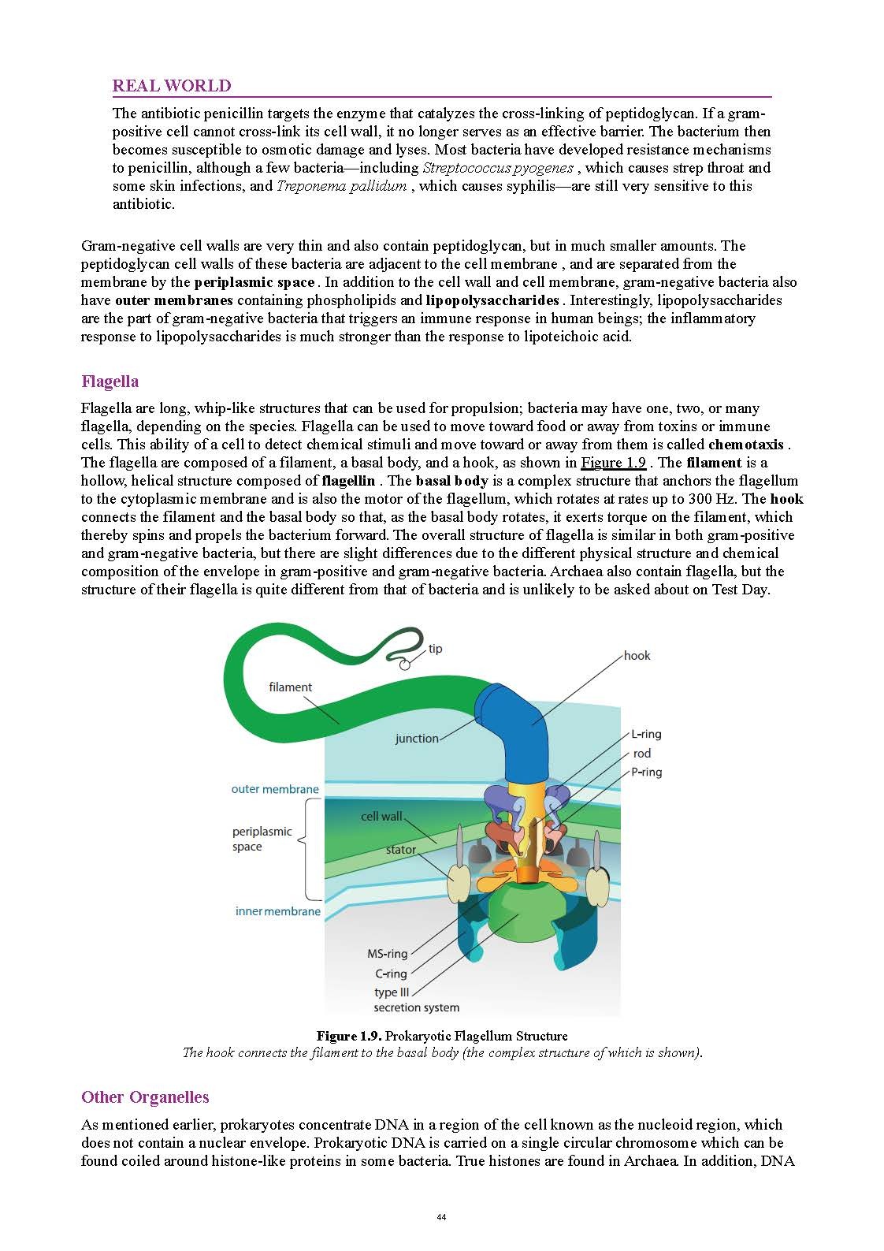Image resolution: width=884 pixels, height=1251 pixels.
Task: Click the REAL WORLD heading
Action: click(x=172, y=86)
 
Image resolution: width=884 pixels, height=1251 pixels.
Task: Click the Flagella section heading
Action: click(x=110, y=382)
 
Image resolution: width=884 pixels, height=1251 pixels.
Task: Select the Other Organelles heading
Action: click(x=145, y=1097)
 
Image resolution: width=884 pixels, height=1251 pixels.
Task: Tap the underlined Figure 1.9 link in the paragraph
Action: click(x=613, y=463)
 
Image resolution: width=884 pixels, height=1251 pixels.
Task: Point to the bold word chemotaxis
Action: click(x=745, y=445)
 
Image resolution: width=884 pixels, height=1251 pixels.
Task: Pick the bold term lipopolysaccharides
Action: click(x=492, y=300)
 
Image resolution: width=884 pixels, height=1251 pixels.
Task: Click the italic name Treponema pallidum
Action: click(x=341, y=186)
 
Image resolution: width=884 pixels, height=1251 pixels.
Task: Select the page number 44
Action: click(x=441, y=1217)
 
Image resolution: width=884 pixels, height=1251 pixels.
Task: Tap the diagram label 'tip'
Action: click(x=436, y=649)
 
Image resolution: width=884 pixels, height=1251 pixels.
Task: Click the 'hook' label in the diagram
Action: click(x=637, y=656)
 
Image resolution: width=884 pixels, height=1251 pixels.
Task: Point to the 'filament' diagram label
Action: click(x=290, y=687)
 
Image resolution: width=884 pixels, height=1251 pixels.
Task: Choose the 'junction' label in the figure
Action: click(x=417, y=739)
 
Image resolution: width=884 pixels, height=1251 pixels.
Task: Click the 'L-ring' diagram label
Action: click(x=646, y=734)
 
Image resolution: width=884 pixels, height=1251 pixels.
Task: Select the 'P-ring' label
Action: click(x=646, y=772)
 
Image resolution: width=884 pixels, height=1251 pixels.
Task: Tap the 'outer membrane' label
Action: click(x=275, y=789)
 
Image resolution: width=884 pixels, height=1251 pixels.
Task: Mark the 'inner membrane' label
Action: click(x=278, y=911)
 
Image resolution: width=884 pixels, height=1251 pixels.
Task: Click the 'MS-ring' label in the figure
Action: click(x=387, y=954)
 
